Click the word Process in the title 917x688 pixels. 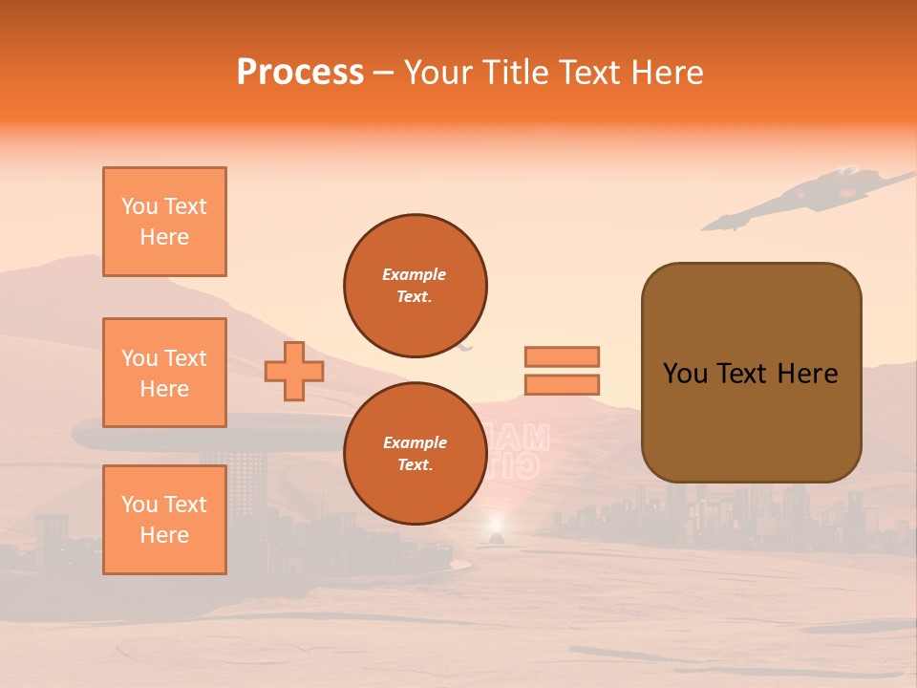[300, 73]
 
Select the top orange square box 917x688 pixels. [164, 222]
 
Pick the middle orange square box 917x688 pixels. [164, 373]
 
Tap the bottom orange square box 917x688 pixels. [164, 520]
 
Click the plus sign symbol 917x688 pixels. [294, 371]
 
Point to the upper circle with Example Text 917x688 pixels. [416, 286]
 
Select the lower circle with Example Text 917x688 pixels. [416, 454]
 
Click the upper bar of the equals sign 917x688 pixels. [562, 356]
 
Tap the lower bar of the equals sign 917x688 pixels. [562, 385]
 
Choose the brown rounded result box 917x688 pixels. [751, 373]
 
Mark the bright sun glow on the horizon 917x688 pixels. [495, 525]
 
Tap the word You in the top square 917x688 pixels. [138, 206]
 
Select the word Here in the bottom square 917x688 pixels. [164, 535]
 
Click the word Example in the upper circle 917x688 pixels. [415, 274]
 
